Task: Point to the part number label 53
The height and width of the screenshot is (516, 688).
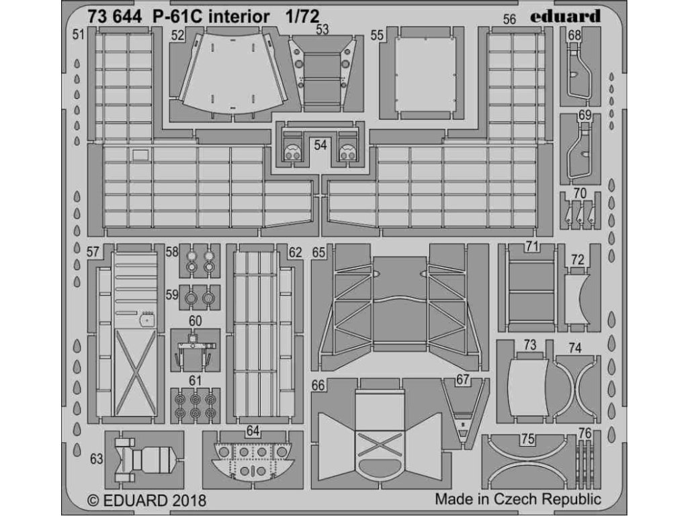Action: [322, 30]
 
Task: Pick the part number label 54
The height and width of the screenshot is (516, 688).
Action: [320, 144]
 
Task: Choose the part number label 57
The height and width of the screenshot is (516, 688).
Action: [93, 253]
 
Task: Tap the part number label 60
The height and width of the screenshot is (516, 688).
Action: [195, 320]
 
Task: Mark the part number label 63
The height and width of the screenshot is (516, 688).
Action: [96, 460]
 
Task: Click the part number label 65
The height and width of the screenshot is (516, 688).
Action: [318, 253]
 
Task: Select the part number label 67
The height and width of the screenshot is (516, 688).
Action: [462, 380]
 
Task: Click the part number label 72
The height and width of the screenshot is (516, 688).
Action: [577, 259]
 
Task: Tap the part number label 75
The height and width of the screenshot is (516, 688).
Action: [528, 439]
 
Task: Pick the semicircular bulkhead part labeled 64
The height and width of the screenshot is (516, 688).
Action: [253, 460]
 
